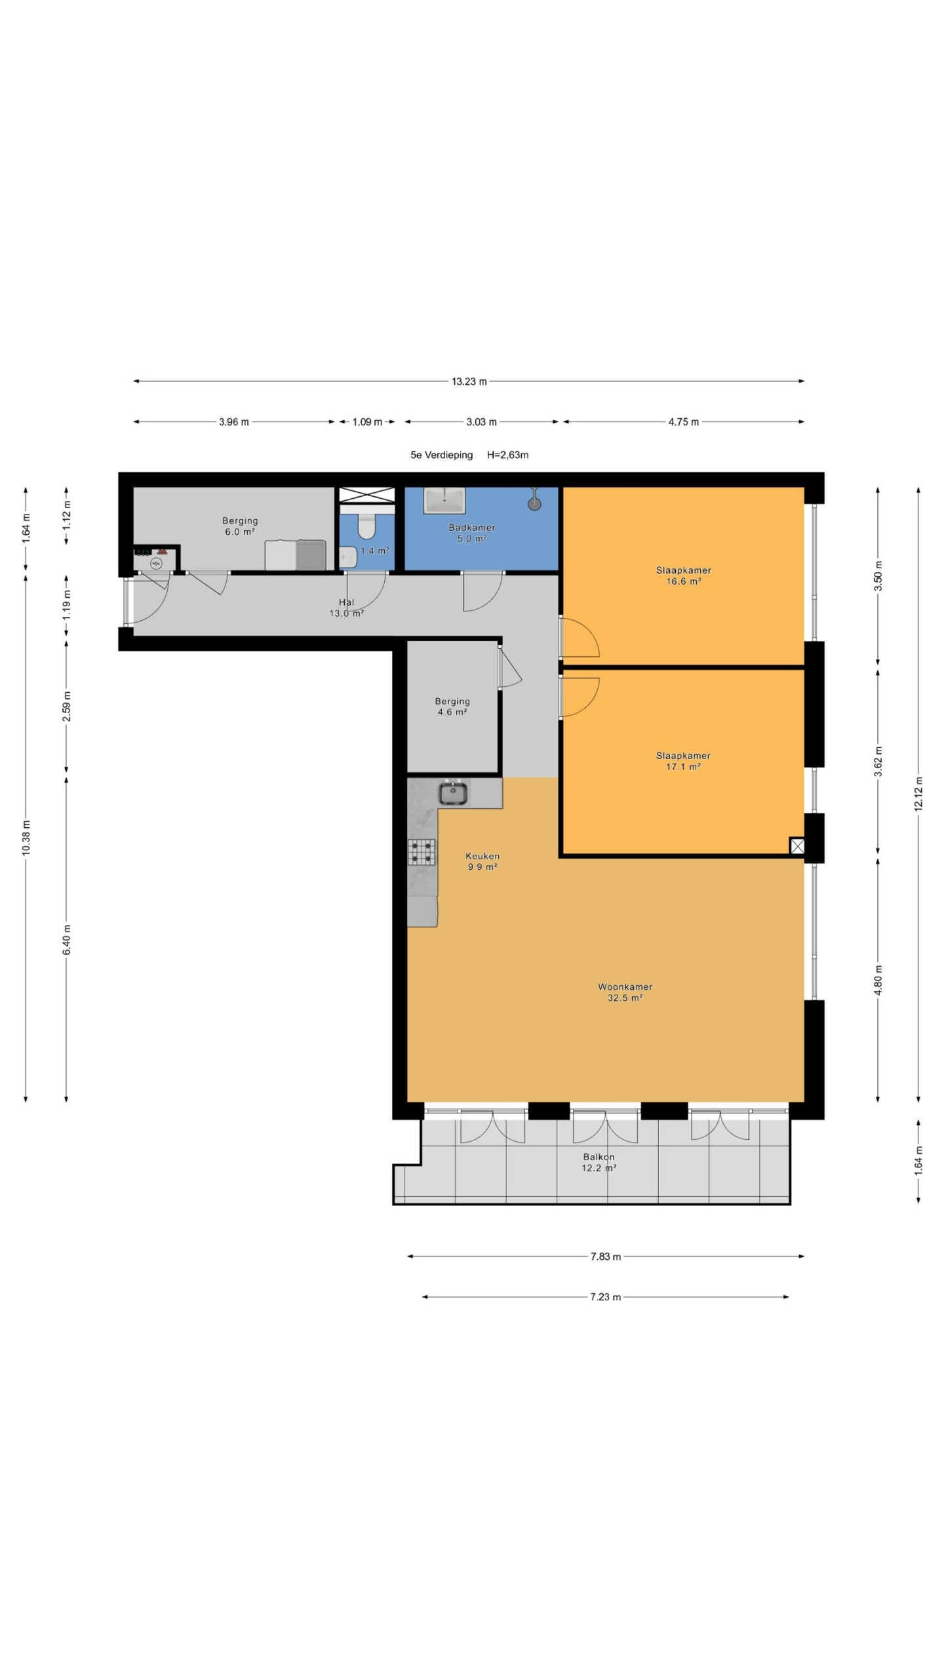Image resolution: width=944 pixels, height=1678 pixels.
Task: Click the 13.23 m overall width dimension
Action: tap(469, 381)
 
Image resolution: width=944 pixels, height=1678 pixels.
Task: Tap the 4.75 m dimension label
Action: tap(683, 421)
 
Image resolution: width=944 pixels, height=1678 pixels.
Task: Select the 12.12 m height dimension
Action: tap(918, 794)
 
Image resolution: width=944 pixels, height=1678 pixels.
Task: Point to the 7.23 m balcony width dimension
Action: tap(605, 1297)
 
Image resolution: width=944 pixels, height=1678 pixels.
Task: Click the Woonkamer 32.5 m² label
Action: tap(625, 992)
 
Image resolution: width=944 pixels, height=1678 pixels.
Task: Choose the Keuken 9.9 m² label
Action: tap(482, 861)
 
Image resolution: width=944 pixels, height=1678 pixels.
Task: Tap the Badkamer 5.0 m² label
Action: tap(471, 533)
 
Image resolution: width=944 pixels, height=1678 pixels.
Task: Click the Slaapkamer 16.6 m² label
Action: tap(683, 576)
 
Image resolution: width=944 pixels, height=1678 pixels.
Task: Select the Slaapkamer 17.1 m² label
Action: tap(683, 761)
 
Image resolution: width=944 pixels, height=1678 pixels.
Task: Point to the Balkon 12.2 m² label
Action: tap(599, 1162)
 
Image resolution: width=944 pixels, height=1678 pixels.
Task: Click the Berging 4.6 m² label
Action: tap(452, 707)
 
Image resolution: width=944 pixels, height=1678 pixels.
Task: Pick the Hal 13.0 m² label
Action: tap(346, 608)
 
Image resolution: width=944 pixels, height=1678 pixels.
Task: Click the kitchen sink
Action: tap(453, 792)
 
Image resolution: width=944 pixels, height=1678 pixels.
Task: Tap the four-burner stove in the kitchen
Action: tap(422, 852)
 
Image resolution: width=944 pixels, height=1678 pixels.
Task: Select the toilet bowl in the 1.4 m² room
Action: tap(366, 526)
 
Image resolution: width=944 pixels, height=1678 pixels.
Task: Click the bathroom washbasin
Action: tap(444, 501)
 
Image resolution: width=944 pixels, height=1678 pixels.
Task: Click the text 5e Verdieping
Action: tap(441, 455)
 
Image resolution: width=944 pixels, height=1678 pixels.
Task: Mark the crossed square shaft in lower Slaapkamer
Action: tap(797, 846)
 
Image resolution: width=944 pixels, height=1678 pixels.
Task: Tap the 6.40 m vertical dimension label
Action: tap(66, 939)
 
